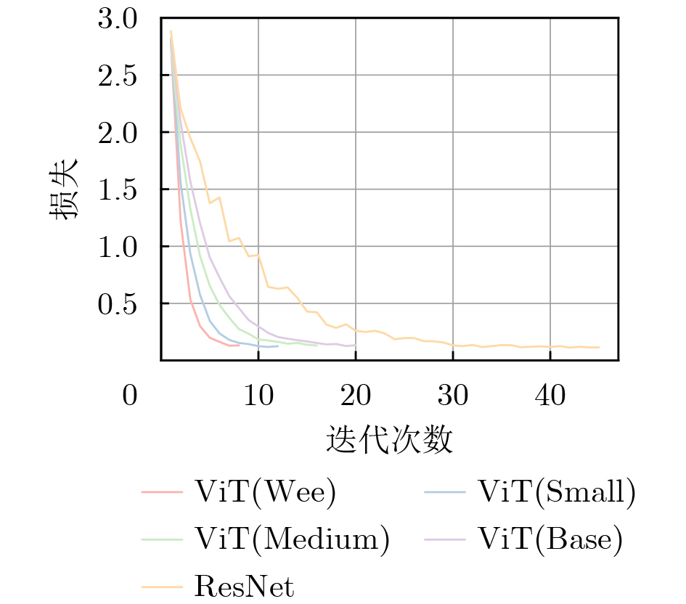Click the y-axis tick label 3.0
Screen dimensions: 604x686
[x=117, y=19]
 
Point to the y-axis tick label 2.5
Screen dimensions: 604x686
[x=117, y=75]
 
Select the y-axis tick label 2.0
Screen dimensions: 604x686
[x=117, y=133]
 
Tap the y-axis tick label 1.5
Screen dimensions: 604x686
[x=117, y=189]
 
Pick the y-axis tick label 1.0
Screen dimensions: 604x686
[x=117, y=247]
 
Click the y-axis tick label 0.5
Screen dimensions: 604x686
[x=117, y=303]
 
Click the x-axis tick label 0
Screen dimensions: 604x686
[x=130, y=397]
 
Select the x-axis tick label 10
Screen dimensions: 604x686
[x=258, y=397]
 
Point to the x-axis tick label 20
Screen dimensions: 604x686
[x=356, y=397]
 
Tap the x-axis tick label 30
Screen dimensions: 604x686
[x=453, y=397]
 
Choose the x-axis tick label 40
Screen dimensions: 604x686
[x=550, y=397]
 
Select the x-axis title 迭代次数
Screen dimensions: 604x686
[x=390, y=439]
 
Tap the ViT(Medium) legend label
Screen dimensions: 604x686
[x=292, y=539]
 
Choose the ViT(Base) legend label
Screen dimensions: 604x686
[x=550, y=539]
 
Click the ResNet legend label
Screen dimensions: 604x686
[x=244, y=586]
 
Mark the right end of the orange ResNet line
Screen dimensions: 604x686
[x=599, y=347]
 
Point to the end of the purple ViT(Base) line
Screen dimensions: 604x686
[x=356, y=345]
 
